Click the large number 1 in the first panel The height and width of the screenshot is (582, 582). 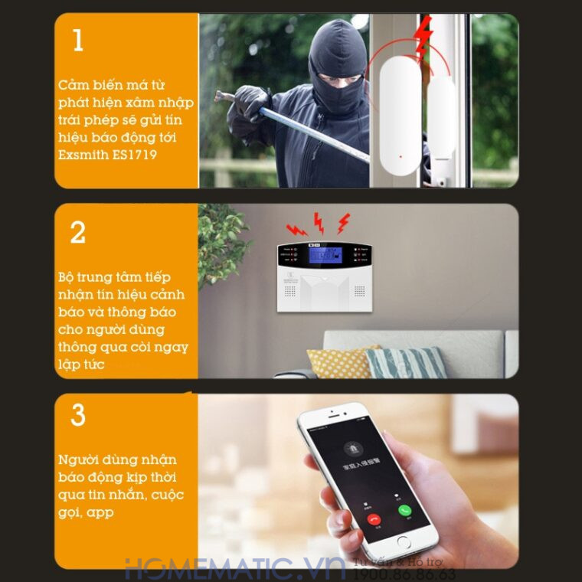(x=78, y=40)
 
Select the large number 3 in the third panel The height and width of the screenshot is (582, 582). (x=78, y=414)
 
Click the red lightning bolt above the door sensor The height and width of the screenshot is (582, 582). (x=422, y=38)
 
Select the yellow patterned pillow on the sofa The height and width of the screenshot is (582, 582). (x=342, y=361)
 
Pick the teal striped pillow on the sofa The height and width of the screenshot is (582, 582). (x=406, y=362)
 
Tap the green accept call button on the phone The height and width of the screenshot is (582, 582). (x=404, y=511)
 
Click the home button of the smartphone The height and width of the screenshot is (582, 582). (x=404, y=541)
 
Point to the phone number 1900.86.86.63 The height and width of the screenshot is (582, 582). (x=406, y=575)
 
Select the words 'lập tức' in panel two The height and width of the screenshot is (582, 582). (x=81, y=365)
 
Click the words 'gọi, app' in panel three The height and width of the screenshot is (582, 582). (x=86, y=512)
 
